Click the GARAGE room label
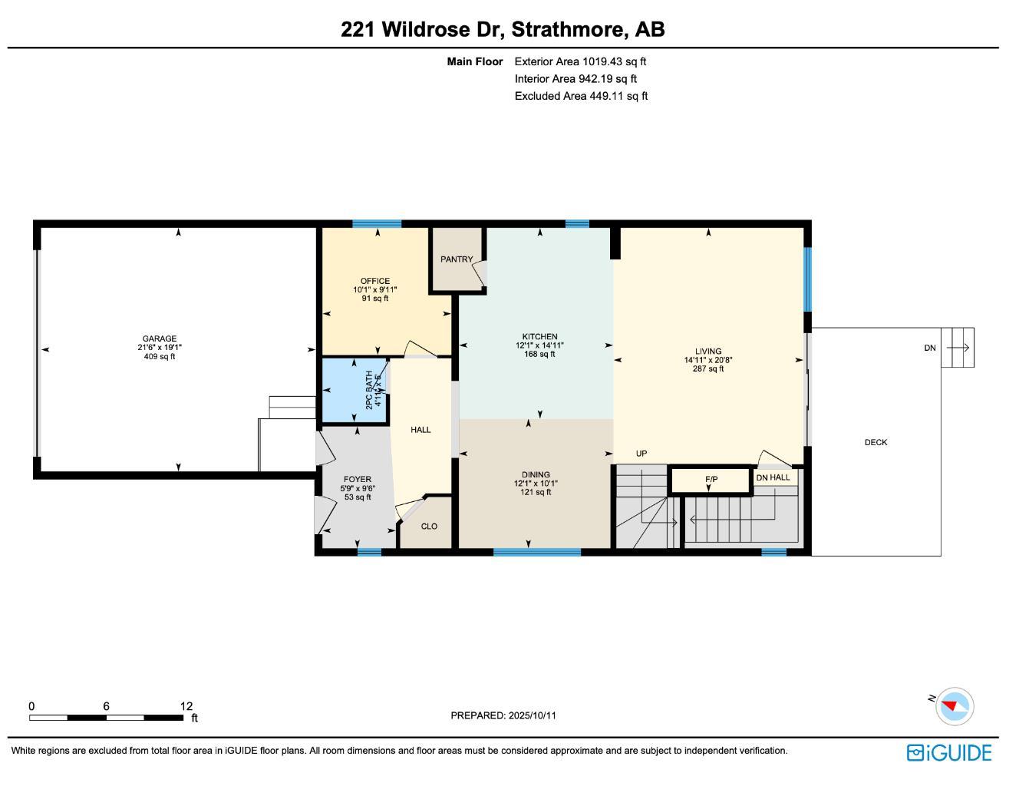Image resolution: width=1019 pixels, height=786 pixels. coord(159,339)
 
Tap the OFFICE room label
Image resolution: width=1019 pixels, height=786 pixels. coord(375,281)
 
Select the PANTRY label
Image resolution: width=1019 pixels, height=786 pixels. coord(457,259)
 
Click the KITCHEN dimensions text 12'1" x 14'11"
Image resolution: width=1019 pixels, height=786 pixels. coord(539,345)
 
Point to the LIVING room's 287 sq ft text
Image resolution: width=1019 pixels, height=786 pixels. coord(708,369)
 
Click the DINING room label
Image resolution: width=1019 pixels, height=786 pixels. coord(536,474)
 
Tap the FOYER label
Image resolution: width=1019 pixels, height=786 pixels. coord(358,479)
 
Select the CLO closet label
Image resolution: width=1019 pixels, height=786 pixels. coord(429,526)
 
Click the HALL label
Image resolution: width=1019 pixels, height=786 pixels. coord(420,430)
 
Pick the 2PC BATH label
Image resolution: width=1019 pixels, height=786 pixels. coord(370,390)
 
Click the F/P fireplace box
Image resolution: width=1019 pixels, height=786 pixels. coord(711,481)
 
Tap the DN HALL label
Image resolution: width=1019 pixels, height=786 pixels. coord(773,477)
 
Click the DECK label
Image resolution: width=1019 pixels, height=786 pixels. coord(876,442)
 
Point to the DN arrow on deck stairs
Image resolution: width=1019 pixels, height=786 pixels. coord(958,348)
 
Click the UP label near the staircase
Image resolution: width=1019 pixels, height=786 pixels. coord(641,454)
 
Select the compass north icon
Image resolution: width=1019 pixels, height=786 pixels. coord(955,705)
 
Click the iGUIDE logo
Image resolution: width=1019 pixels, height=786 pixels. coord(949,752)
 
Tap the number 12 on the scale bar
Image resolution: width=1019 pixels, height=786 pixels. coord(186,706)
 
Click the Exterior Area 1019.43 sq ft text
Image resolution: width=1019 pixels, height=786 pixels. coord(580,61)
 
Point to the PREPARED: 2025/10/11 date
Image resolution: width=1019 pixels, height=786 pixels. coord(503,715)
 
